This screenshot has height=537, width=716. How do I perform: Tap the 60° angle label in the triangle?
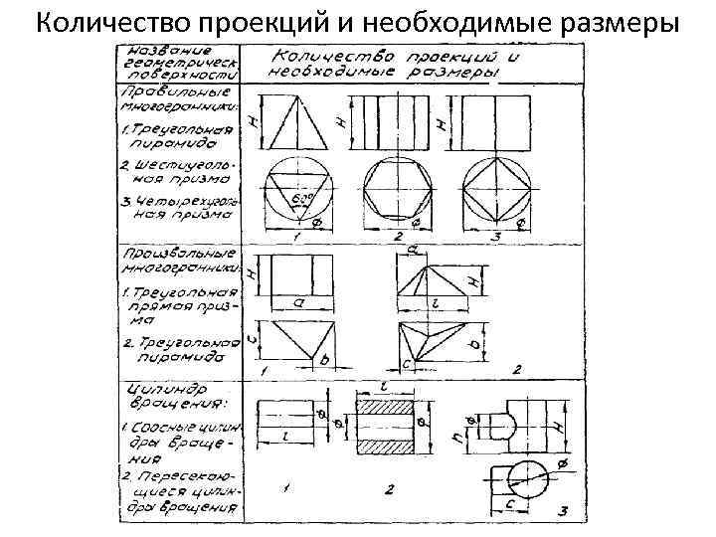tap(297, 200)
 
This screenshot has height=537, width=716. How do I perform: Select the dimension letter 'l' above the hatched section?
tap(383, 384)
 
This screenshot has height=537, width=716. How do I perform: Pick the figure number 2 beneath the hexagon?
tap(395, 237)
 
